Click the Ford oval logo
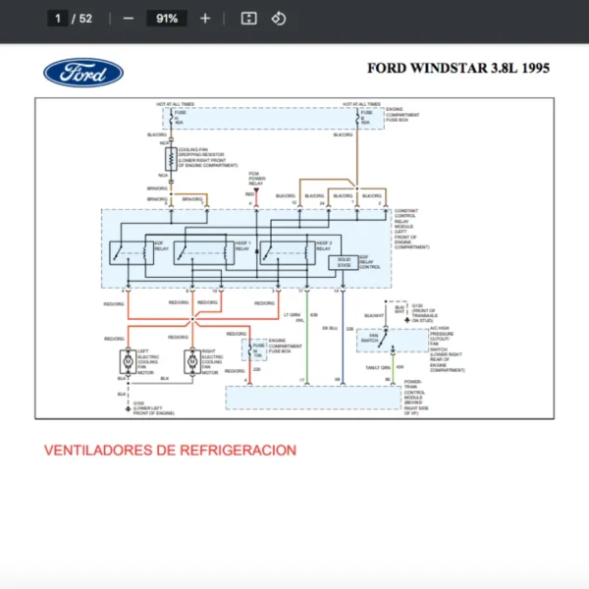83,72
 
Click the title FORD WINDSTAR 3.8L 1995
458,68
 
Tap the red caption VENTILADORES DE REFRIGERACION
170,450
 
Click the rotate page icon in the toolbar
278,18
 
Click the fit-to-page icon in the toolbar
249,18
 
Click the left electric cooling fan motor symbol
127,361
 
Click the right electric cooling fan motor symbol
192,361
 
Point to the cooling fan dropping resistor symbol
172,159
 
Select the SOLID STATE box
345,261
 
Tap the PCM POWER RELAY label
255,179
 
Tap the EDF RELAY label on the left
159,245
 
